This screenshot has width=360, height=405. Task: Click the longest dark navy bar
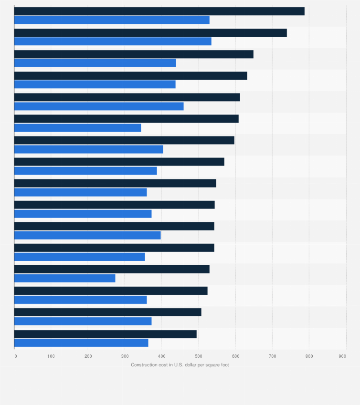tap(159, 11)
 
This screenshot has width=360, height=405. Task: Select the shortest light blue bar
tap(65, 278)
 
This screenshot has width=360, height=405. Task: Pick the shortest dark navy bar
tap(105, 334)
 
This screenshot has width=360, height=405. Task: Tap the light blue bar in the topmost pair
tap(112, 20)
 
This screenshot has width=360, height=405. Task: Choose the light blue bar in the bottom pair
tap(81, 343)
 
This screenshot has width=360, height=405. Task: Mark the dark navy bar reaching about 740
tap(150, 33)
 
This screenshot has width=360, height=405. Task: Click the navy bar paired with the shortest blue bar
tap(112, 270)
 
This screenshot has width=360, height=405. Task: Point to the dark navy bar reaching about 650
tap(134, 54)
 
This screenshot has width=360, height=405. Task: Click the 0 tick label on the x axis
tap(15, 356)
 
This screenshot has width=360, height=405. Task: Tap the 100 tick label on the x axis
tap(51, 356)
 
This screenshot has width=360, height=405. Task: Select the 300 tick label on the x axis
tap(125, 356)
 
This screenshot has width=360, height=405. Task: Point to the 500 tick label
tap(198, 356)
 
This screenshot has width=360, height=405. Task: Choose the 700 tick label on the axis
tap(272, 356)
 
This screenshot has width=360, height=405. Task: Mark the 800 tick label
tap(309, 356)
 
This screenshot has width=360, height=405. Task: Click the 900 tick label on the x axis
tap(343, 356)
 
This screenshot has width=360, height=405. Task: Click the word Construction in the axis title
tap(143, 365)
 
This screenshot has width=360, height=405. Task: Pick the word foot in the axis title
tap(224, 365)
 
